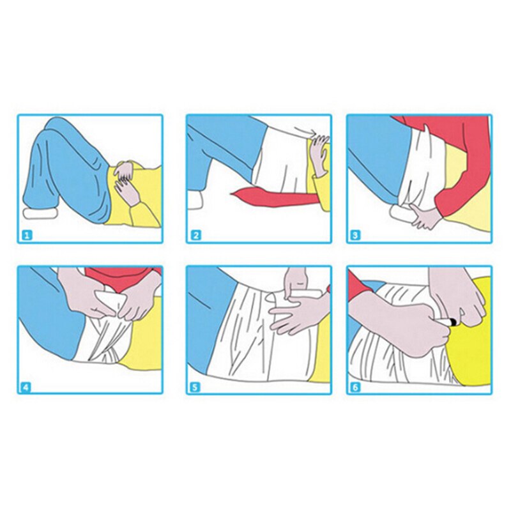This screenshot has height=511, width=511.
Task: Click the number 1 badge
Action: point(27,235)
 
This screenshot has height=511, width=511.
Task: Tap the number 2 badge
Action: point(196,235)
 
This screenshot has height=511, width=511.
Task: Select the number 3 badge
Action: point(356,235)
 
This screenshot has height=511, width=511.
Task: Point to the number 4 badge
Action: point(26,388)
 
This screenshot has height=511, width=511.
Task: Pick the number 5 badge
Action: point(195,388)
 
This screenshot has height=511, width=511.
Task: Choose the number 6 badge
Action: point(355,388)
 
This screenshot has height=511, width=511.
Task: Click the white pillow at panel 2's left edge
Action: point(195,200)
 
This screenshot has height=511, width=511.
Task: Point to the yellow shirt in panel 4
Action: point(143,346)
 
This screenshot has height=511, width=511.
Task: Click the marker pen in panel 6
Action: point(448,322)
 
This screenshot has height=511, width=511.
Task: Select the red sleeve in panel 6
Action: point(360,287)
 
